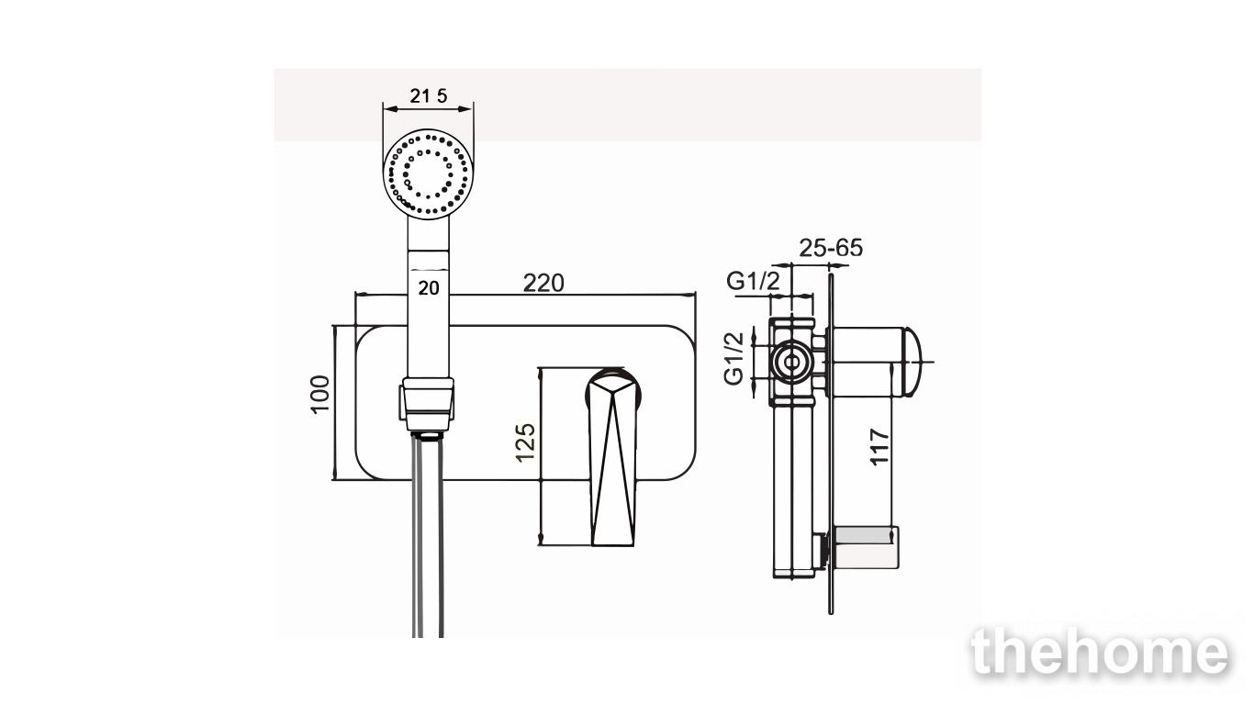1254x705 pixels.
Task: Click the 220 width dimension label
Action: [x=543, y=283]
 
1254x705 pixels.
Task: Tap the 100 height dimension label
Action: [x=320, y=394]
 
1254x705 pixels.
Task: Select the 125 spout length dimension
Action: [x=525, y=442]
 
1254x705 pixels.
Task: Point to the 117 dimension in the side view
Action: [x=879, y=446]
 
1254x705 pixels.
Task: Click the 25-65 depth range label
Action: [x=831, y=248]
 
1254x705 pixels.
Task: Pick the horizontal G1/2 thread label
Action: [x=753, y=281]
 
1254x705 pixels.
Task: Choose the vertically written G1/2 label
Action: [x=733, y=359]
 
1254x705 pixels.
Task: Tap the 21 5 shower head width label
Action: [x=429, y=95]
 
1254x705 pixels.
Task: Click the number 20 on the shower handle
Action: [x=429, y=288]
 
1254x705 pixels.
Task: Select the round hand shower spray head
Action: [x=429, y=174]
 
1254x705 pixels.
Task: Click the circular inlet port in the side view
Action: [x=792, y=362]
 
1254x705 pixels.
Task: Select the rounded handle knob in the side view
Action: [x=912, y=362]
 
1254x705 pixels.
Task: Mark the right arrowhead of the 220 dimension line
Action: [x=691, y=294]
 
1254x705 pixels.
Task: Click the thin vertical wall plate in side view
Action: [x=830, y=443]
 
